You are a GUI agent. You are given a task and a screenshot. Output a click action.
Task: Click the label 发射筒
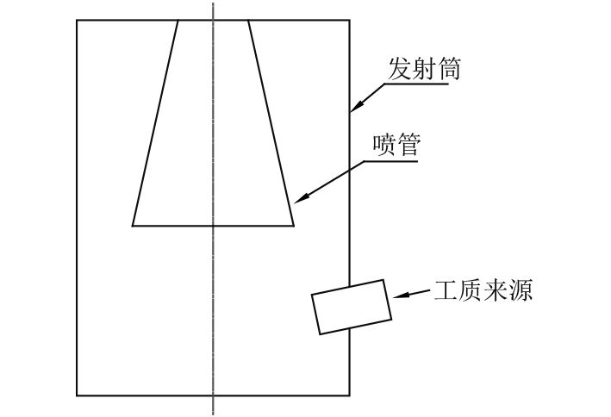pyautogui.click(x=423, y=70)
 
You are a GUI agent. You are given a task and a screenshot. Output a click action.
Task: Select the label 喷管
pyautogui.click(x=395, y=146)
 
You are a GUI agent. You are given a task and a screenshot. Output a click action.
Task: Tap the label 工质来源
pyautogui.click(x=483, y=290)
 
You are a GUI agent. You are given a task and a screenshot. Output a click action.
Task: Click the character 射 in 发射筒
pyautogui.click(x=423, y=70)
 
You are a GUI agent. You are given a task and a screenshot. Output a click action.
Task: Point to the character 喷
pyautogui.click(x=383, y=146)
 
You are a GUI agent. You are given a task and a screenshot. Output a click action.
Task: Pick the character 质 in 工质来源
pyautogui.click(x=471, y=290)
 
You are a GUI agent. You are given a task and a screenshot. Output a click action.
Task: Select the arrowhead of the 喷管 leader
pyautogui.click(x=296, y=201)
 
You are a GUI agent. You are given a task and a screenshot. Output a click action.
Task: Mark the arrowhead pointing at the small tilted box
pyautogui.click(x=396, y=296)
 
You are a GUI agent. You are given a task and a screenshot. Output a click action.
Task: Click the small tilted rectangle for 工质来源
pyautogui.click(x=352, y=307)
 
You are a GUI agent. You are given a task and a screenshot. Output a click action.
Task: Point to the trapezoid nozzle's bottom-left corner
pyautogui.click(x=133, y=226)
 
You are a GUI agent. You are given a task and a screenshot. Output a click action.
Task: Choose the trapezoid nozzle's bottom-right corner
pyautogui.click(x=294, y=226)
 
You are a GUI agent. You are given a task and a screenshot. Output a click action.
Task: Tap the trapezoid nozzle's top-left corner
pyautogui.click(x=178, y=20)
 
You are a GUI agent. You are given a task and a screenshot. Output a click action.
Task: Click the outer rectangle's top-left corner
pyautogui.click(x=77, y=20)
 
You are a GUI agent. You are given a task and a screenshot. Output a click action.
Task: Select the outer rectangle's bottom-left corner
pyautogui.click(x=77, y=395)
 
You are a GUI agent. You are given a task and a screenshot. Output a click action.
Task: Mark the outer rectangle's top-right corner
pyautogui.click(x=350, y=20)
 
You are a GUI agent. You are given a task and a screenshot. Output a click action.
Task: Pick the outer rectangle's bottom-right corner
pyautogui.click(x=350, y=395)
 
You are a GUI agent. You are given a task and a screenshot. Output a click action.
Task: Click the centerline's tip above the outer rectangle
pyautogui.click(x=213, y=3)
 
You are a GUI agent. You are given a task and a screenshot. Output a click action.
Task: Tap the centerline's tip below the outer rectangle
pyautogui.click(x=213, y=414)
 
